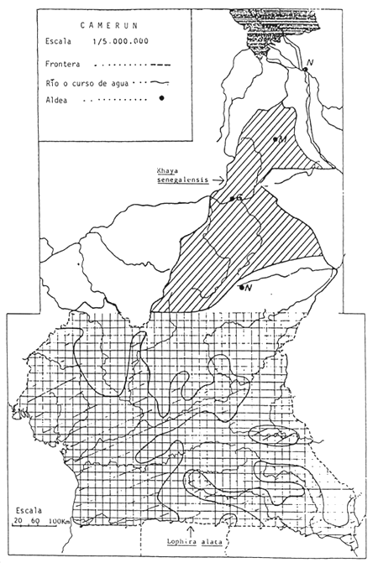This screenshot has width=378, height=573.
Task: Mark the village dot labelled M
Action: (x=276, y=138)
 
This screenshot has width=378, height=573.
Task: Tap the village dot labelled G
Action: (x=233, y=199)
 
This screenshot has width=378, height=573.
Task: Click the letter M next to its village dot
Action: (x=283, y=138)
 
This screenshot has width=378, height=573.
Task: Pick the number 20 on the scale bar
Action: (x=17, y=522)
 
